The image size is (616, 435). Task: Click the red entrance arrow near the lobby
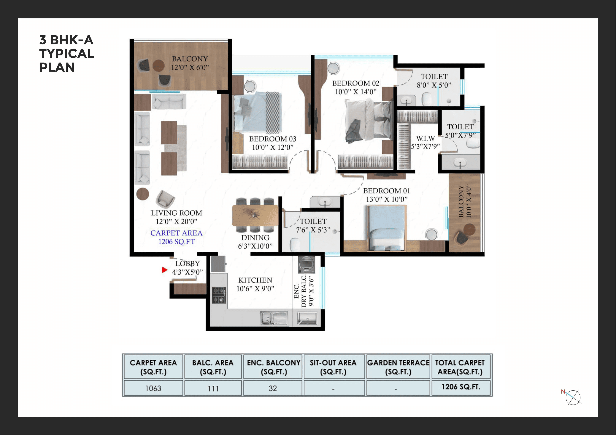pyautogui.click(x=164, y=270)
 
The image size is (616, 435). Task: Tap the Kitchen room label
pyautogui.click(x=255, y=280)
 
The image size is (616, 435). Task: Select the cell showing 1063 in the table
pyautogui.click(x=153, y=388)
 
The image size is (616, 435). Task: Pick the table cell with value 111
pyautogui.click(x=213, y=388)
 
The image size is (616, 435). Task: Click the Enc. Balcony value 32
pyautogui.click(x=273, y=388)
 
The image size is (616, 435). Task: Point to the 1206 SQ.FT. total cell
pyautogui.click(x=461, y=387)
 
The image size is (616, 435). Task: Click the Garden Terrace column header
pyautogui.click(x=398, y=367)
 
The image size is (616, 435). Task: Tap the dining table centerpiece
pyautogui.click(x=255, y=215)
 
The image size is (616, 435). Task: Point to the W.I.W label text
pyautogui.click(x=425, y=139)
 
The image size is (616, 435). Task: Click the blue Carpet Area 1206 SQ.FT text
pyautogui.click(x=176, y=237)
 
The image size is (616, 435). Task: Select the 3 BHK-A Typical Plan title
pyautogui.click(x=66, y=54)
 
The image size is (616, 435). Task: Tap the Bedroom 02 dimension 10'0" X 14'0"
pyautogui.click(x=355, y=92)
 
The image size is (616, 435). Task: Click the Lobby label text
pyautogui.click(x=187, y=264)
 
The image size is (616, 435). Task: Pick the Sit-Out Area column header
pyautogui.click(x=333, y=367)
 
